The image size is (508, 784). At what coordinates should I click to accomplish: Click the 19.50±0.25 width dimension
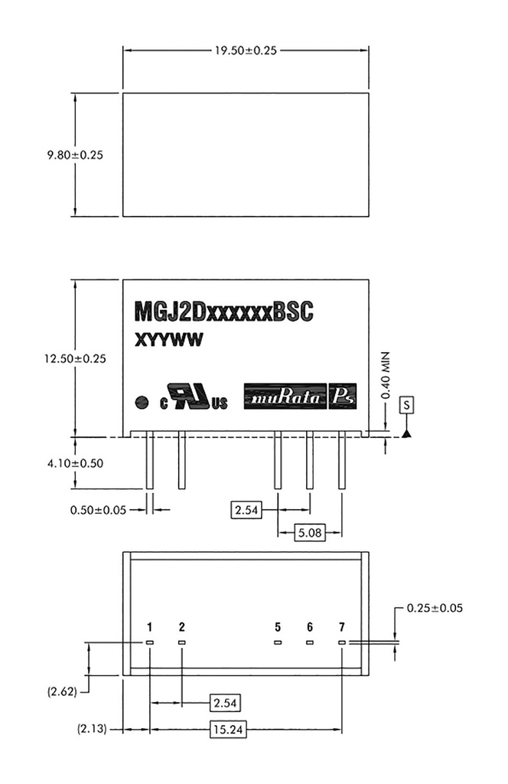coord(245,51)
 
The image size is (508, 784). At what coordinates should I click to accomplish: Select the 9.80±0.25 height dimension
coord(75,154)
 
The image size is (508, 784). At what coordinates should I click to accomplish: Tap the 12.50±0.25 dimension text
coord(75,358)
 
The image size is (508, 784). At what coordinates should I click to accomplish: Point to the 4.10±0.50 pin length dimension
coord(75,463)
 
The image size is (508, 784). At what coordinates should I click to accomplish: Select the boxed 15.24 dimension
coord(227,730)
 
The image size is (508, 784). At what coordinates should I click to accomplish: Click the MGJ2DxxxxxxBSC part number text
coord(224,312)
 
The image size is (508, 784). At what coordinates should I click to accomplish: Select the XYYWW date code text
coord(168,342)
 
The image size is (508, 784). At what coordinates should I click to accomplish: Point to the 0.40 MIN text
coord(387,375)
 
